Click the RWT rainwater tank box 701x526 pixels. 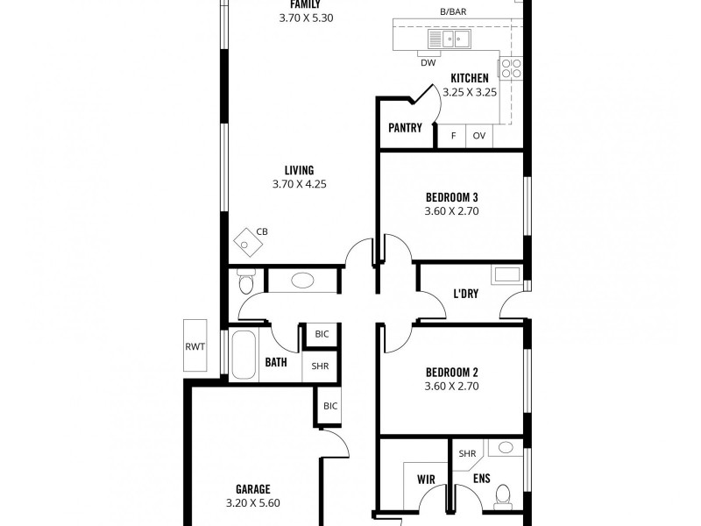[x=195, y=345]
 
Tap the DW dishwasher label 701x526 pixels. [x=428, y=63]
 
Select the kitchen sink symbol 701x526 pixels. [x=449, y=39]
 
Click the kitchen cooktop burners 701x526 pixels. [x=511, y=68]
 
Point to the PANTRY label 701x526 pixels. [x=405, y=128]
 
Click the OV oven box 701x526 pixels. [x=479, y=136]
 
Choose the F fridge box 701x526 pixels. [x=453, y=136]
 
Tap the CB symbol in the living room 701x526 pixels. [x=248, y=243]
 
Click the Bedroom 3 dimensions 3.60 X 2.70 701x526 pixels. [x=451, y=211]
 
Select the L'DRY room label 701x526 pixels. [x=466, y=294]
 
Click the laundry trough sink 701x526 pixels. [x=506, y=274]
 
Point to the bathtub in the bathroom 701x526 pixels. [x=244, y=355]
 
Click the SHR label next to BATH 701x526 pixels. [x=320, y=366]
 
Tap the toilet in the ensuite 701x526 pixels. [x=503, y=496]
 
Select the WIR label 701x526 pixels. [x=426, y=480]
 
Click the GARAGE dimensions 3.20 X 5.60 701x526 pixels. [x=253, y=503]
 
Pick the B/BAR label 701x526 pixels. [x=453, y=12]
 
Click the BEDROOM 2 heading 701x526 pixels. [x=451, y=372]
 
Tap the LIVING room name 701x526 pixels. [x=300, y=170]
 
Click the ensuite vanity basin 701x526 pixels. [x=506, y=447]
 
